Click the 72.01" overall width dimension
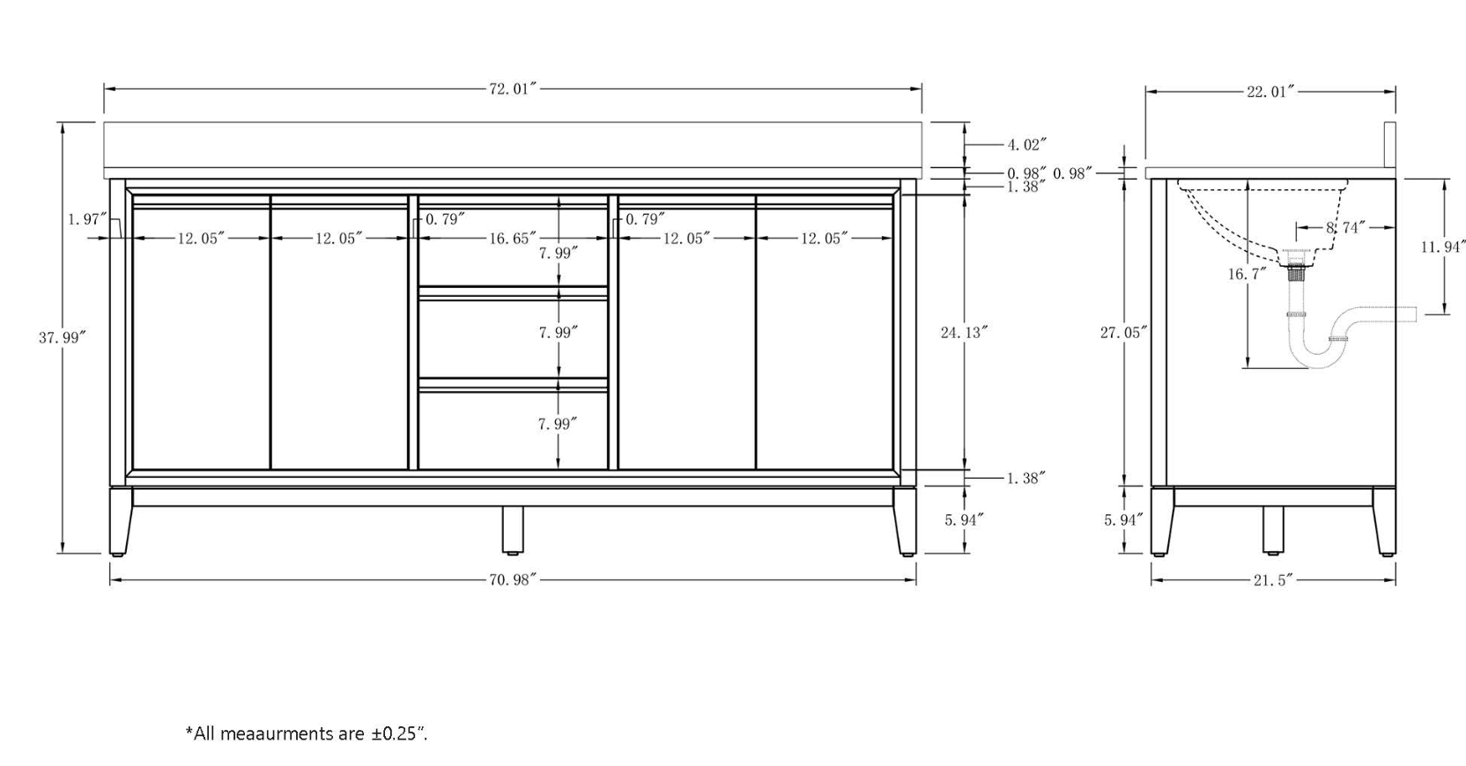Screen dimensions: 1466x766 513,89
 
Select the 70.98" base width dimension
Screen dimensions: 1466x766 513,579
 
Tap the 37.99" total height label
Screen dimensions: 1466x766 63,337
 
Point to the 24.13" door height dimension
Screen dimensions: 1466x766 964,332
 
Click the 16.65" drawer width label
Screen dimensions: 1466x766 513,238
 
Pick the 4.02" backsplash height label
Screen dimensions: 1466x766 1026,144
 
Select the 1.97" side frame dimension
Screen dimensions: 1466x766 88,219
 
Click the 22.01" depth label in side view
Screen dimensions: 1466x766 1270,92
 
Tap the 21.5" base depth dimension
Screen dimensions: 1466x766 1274,580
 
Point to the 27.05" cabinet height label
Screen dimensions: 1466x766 1123,332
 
